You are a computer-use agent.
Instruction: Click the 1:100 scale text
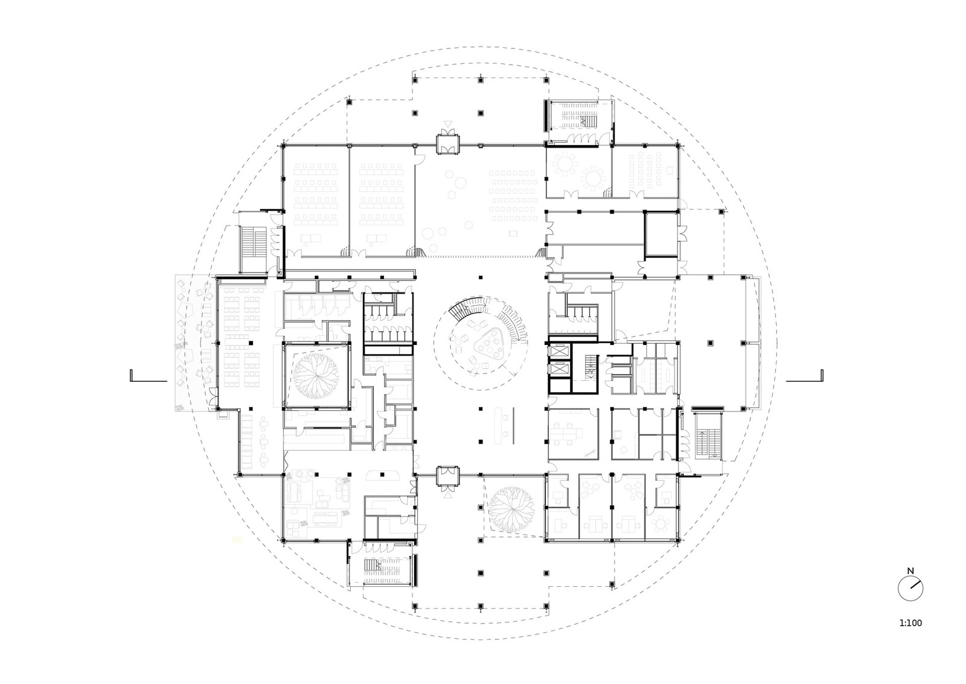click(910, 623)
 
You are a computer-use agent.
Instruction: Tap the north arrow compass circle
click(910, 589)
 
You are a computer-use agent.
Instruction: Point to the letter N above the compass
click(910, 570)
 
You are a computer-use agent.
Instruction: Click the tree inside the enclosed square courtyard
click(316, 375)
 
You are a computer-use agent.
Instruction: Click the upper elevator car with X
click(560, 351)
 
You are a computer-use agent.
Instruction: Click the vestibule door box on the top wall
click(447, 144)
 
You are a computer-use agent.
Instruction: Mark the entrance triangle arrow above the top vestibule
click(447, 124)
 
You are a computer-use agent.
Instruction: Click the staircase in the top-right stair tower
click(580, 119)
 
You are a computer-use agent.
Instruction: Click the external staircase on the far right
click(706, 436)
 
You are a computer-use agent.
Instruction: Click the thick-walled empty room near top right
click(660, 233)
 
